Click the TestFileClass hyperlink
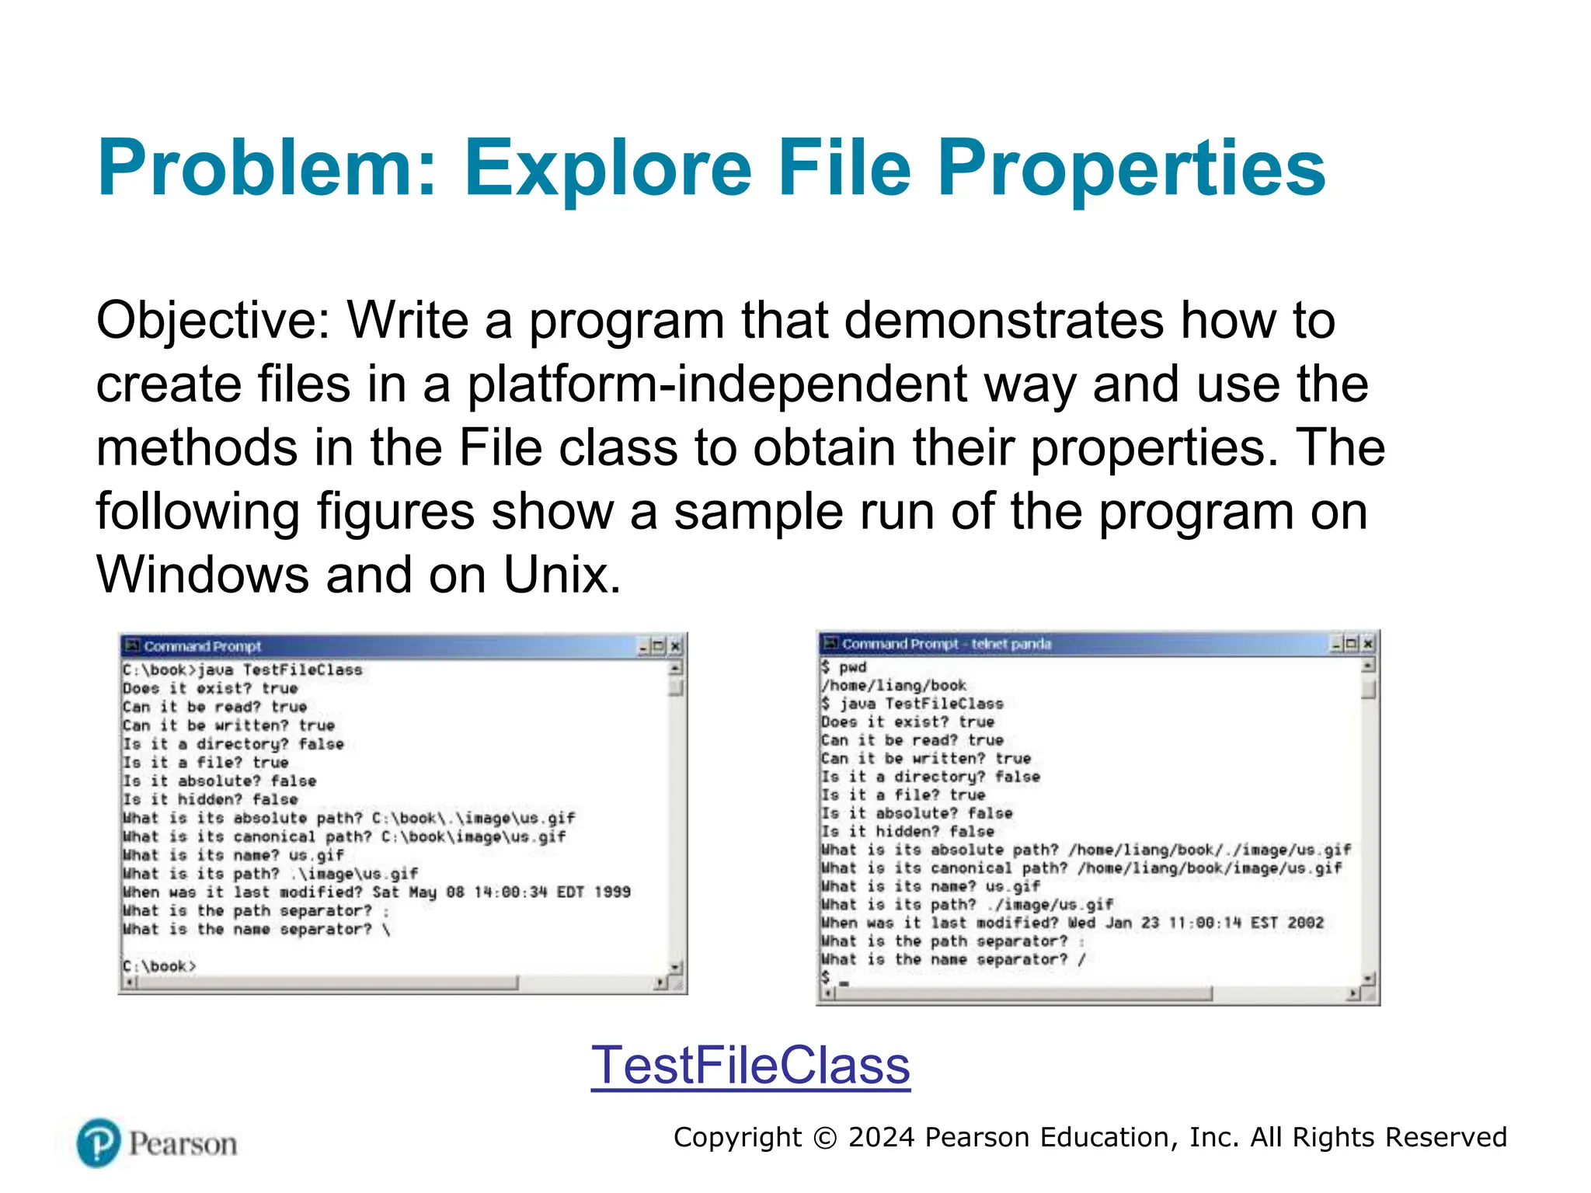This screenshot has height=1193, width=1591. (x=750, y=1065)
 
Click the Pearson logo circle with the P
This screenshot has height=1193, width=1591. (x=99, y=1143)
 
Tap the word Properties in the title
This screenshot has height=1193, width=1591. (x=1131, y=169)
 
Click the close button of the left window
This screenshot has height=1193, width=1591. (x=675, y=646)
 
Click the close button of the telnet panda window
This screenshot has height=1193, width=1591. (x=1367, y=644)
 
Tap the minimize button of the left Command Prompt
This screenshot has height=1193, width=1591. (x=644, y=646)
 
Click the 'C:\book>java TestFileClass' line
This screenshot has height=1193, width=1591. (x=242, y=670)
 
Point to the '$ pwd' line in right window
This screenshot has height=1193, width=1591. (x=844, y=666)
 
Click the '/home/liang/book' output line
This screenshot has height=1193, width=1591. (x=893, y=685)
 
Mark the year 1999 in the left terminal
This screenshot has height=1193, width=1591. (x=612, y=892)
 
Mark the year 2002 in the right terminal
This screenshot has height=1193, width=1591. (x=1305, y=923)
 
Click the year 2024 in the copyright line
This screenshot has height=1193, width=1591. (x=881, y=1137)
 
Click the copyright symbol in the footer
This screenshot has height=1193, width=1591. (x=824, y=1138)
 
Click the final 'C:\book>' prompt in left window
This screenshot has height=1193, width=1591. (x=159, y=966)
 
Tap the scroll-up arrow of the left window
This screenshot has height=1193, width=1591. (x=676, y=668)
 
